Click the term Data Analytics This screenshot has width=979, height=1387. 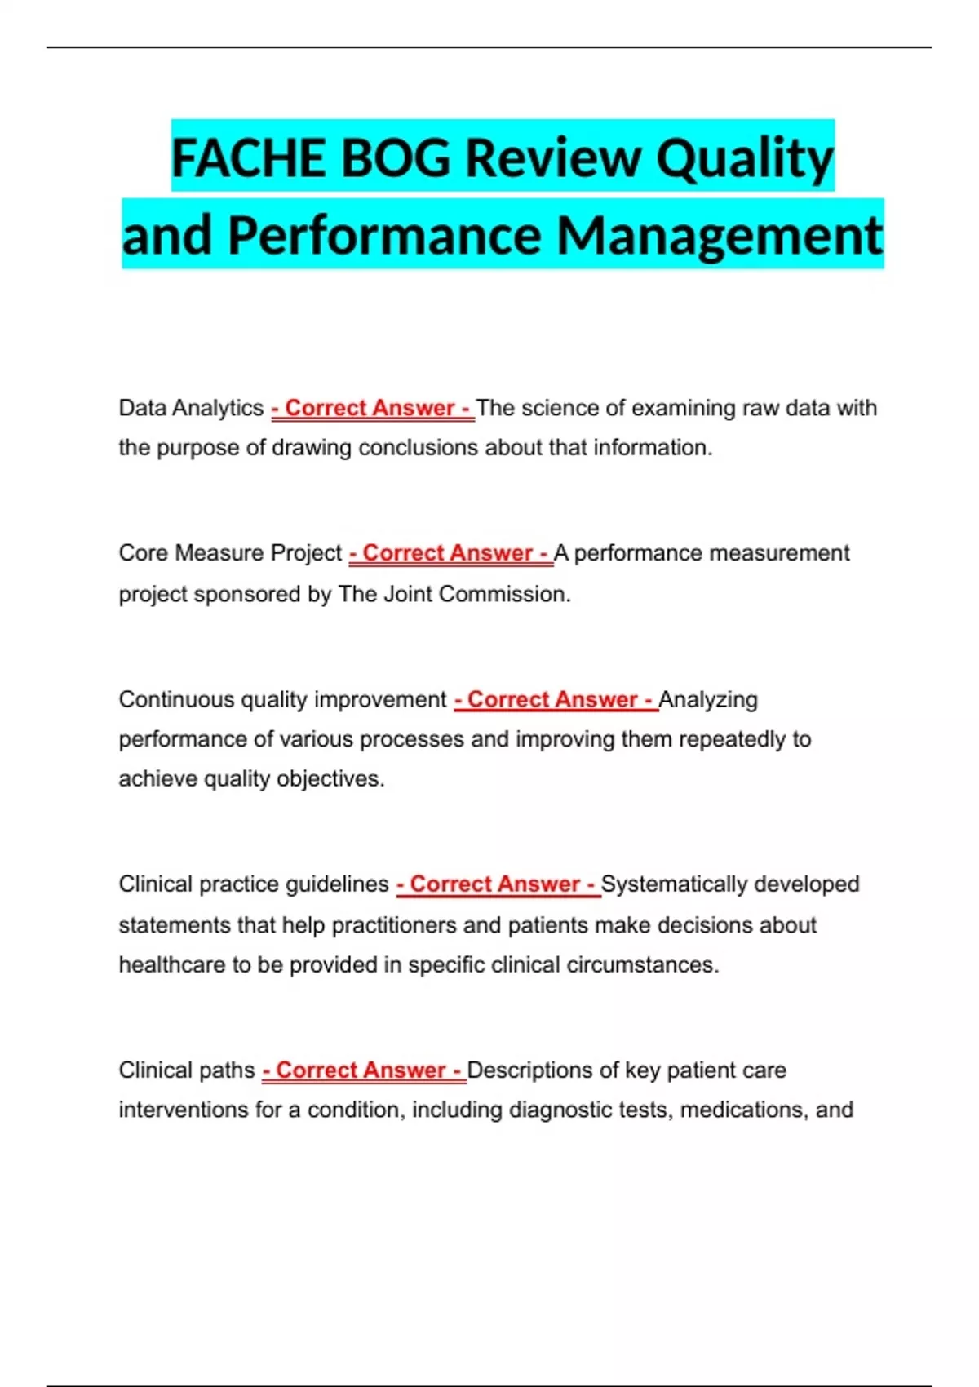pos(191,408)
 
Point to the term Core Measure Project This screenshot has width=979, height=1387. pos(230,553)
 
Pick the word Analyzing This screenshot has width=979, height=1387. pos(708,699)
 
